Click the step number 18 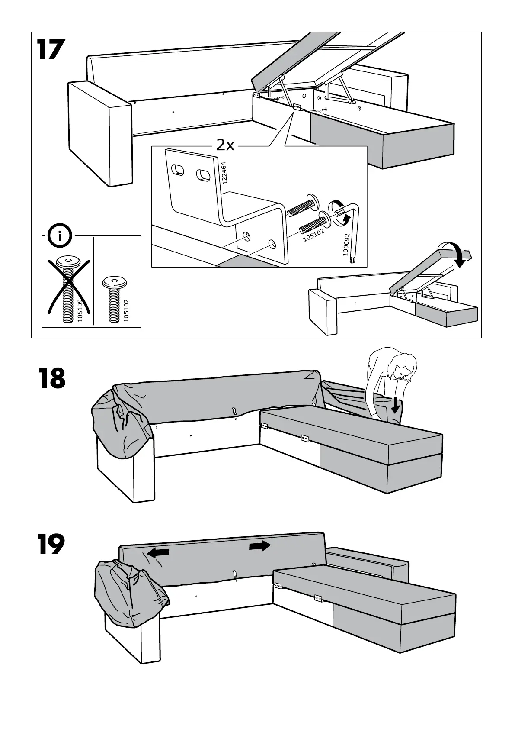coord(51,379)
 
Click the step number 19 coord(51,544)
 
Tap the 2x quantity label coord(225,145)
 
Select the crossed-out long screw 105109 coord(68,288)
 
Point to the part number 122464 coord(224,173)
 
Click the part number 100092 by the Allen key coord(346,245)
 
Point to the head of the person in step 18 coord(402,366)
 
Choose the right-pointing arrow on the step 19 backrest coord(260,546)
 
